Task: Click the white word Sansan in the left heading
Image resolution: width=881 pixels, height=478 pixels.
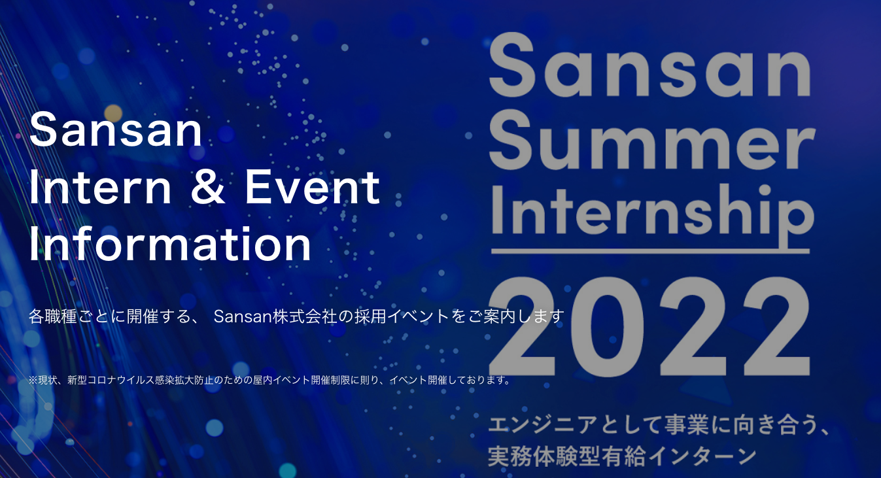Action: [x=116, y=129]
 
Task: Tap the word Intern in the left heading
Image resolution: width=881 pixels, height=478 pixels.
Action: [x=100, y=187]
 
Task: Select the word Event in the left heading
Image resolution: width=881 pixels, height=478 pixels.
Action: [x=312, y=187]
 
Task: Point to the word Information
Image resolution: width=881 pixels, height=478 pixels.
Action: [x=170, y=243]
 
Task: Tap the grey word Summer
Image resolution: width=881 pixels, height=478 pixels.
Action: [x=652, y=139]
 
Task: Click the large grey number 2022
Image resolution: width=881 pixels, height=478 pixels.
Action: [x=649, y=326]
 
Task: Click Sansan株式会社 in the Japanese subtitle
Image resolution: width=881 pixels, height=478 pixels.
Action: [x=275, y=316]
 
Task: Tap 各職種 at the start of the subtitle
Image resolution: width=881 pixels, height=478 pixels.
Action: [x=53, y=316]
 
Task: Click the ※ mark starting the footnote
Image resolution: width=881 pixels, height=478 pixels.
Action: [x=33, y=380]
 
